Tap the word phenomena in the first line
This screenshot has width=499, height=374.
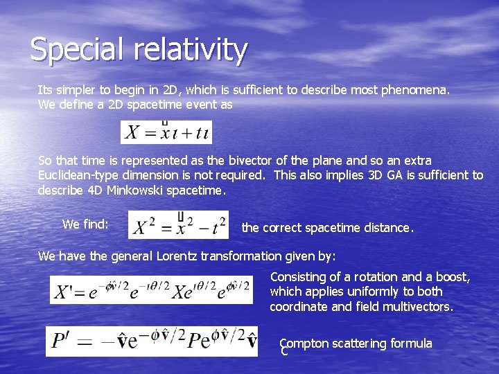coord(418,90)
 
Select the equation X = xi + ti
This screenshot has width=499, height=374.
coord(166,132)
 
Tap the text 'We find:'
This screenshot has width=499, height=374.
coord(85,224)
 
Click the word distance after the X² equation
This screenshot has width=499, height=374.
coord(389,227)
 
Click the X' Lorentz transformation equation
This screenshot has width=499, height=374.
coord(151,290)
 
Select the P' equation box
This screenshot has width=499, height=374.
coord(151,341)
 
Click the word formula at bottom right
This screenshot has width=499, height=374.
coord(411,344)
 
